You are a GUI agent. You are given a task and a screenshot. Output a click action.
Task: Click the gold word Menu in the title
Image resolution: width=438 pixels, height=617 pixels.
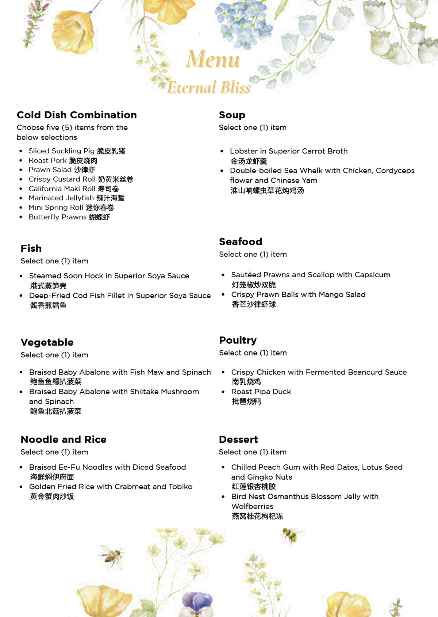[x=213, y=59]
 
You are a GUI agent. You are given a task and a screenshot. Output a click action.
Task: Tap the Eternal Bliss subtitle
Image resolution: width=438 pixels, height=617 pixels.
[x=209, y=88]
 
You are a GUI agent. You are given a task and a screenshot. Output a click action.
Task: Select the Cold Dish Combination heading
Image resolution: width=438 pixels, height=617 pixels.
[x=77, y=115]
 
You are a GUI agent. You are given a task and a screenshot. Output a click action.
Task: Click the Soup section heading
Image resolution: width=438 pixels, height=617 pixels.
[x=232, y=115]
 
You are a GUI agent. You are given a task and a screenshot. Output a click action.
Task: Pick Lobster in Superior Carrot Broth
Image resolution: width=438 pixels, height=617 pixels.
[x=288, y=151]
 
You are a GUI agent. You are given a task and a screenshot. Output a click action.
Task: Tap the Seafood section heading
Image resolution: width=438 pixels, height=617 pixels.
[x=241, y=242]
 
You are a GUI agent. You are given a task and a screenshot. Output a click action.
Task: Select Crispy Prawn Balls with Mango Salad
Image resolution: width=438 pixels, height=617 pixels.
[x=298, y=294]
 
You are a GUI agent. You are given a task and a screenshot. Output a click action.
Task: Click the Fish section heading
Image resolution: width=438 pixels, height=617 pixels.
[x=31, y=249]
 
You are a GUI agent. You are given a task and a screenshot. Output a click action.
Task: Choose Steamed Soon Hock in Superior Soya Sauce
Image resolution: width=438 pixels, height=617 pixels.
[x=109, y=276]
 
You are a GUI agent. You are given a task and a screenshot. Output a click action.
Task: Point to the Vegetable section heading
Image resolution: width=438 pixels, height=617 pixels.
[x=47, y=343]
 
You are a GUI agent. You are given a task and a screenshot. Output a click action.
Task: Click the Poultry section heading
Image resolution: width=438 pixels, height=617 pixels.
[x=238, y=340]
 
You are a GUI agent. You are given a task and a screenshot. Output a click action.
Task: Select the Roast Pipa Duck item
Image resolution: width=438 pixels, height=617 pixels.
[x=261, y=392]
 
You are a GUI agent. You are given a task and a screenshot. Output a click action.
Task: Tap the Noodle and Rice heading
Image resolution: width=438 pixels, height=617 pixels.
[x=64, y=439]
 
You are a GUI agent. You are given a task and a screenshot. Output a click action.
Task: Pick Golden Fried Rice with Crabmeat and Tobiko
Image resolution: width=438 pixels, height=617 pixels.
[x=111, y=487]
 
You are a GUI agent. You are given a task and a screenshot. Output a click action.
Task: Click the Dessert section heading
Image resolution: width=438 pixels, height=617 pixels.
[x=238, y=439]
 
